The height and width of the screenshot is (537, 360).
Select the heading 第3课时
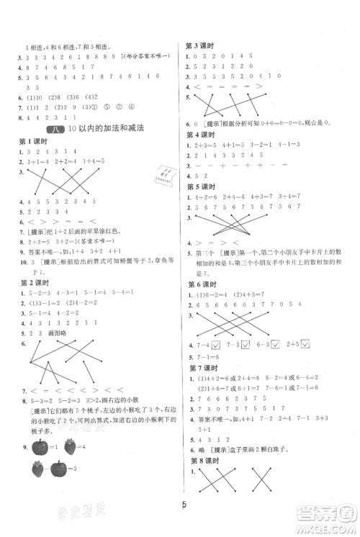(202, 44)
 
